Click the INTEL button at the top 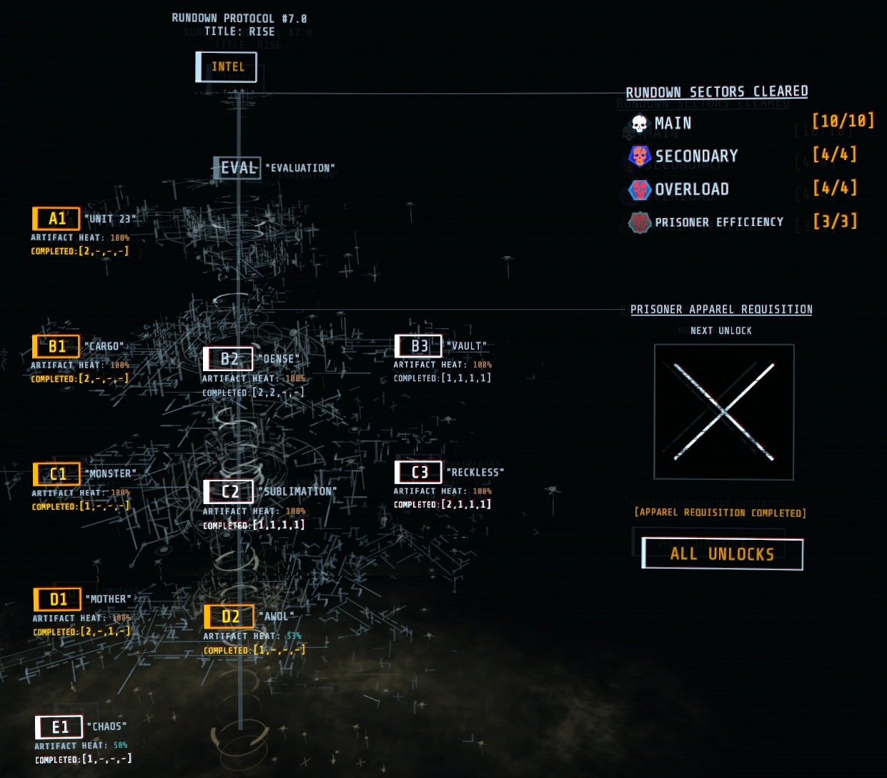pos(227,67)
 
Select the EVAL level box pos(237,168)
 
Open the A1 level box pos(56,219)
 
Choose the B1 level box pos(56,347)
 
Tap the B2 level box pos(228,359)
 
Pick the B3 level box pos(419,346)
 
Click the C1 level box pos(56,474)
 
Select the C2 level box pos(229,492)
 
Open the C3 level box pos(419,472)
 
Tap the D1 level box pos(57,599)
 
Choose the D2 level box pos(229,616)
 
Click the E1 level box pos(59,727)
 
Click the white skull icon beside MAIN pos(640,124)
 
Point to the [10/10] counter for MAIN pos(843,121)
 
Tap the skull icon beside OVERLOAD pos(640,189)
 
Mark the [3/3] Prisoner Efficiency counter pos(835,221)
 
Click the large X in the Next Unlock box pos(723,412)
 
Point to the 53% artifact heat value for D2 pos(294,636)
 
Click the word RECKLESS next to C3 pos(475,473)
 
